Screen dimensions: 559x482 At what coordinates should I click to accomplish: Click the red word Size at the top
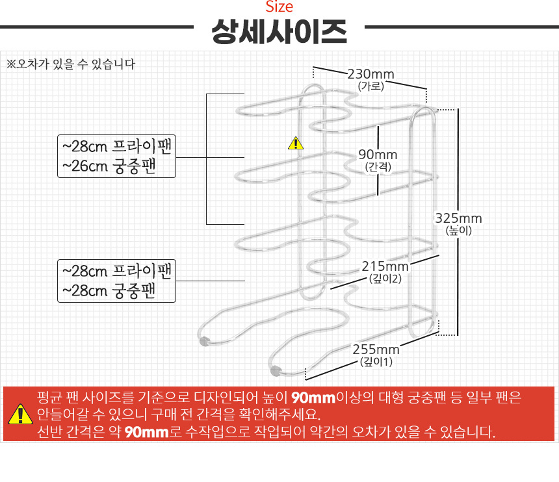279,6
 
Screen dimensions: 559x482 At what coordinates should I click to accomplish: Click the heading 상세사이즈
279,32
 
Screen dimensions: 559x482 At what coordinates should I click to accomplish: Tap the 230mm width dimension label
370,74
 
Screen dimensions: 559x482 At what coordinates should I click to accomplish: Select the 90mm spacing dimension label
378,155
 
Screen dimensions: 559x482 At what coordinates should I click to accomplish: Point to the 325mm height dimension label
458,218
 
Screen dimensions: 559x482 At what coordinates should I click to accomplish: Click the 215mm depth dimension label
385,266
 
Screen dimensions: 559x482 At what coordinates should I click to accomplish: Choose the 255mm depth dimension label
376,349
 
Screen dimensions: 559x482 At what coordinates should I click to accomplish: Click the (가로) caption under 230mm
370,86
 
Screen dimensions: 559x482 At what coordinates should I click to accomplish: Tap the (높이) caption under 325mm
458,231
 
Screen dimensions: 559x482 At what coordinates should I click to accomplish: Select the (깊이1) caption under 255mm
376,362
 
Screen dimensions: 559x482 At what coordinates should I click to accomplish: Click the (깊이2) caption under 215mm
385,279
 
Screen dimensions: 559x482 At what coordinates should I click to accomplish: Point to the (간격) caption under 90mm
378,167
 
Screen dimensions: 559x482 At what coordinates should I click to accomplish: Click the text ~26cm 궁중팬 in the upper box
109,166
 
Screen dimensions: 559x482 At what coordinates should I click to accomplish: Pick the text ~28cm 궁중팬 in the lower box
109,291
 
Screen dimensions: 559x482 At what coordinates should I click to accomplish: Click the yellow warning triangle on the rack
296,143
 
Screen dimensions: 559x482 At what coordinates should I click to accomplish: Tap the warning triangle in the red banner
20,414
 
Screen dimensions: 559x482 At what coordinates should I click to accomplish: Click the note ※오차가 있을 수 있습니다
71,64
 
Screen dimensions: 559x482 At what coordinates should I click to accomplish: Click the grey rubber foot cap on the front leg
275,370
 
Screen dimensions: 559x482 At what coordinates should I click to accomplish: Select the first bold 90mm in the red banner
313,398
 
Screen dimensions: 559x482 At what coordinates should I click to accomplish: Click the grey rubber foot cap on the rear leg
204,341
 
